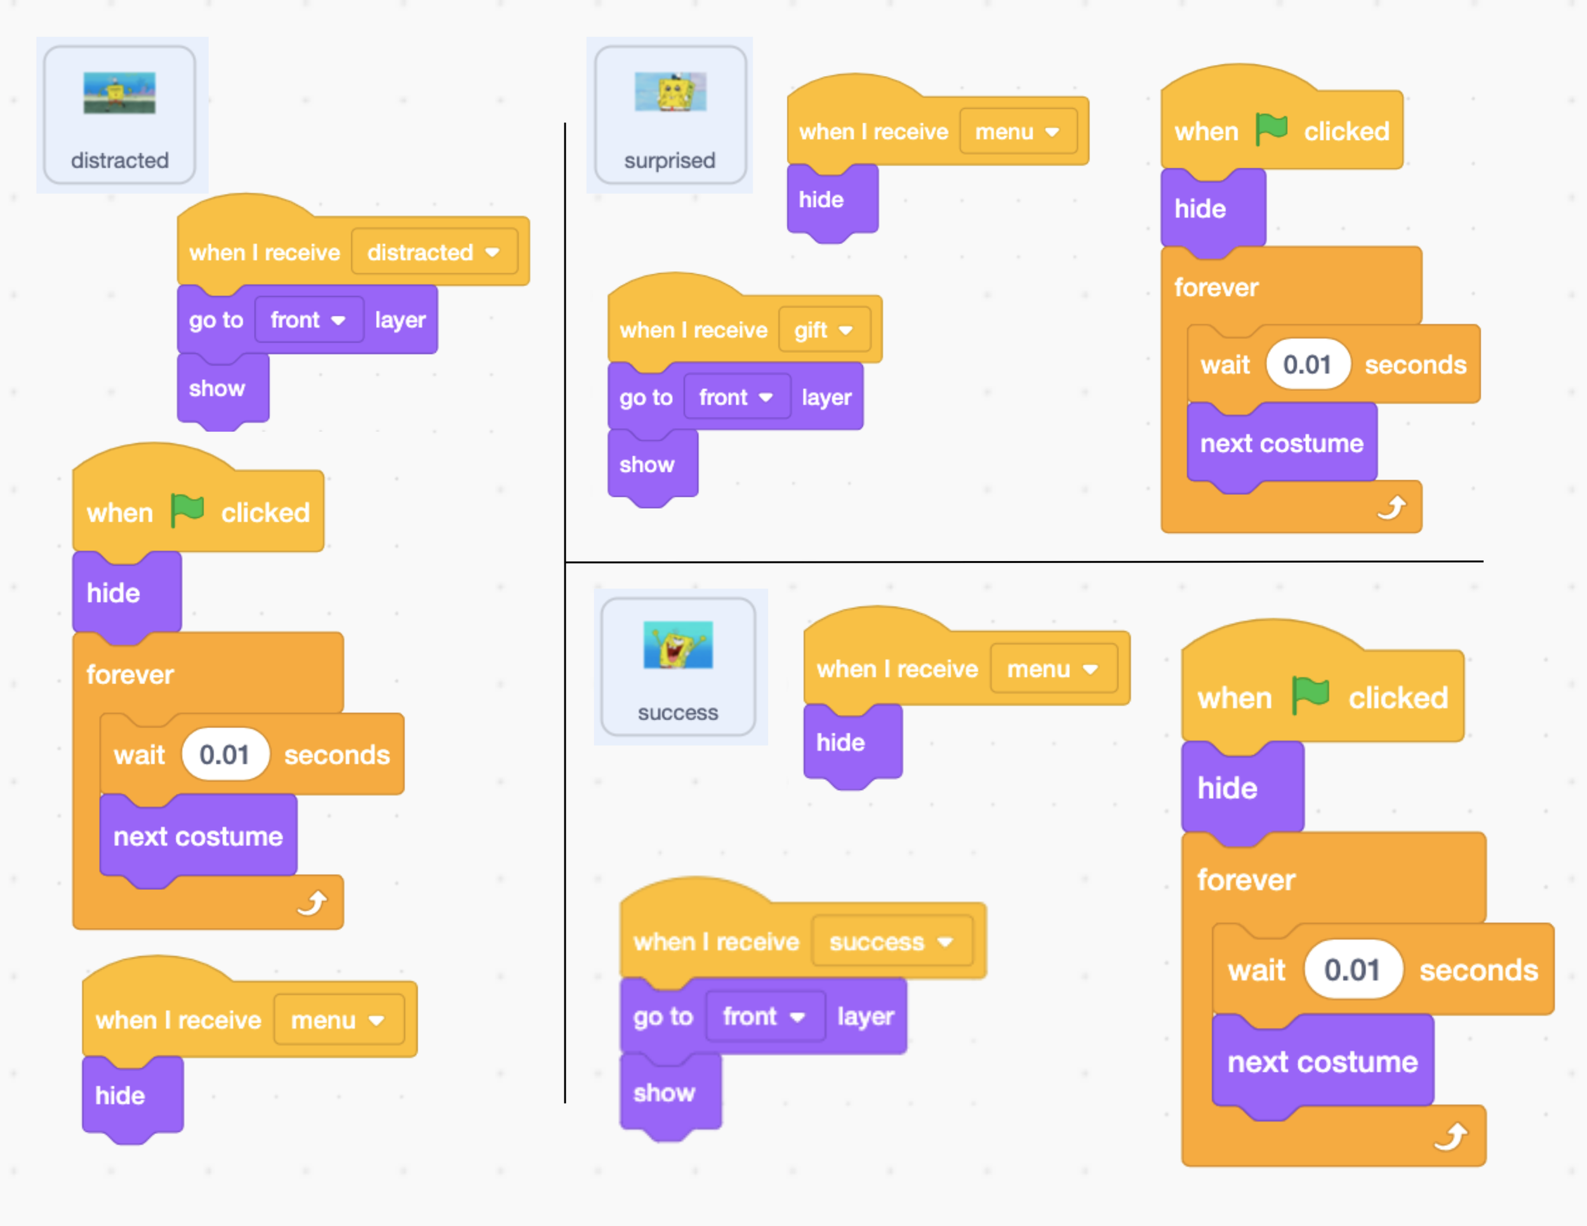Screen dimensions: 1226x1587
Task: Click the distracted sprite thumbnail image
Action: coord(119,93)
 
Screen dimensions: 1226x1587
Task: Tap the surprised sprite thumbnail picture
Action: coord(670,91)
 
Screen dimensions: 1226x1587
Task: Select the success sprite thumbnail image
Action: coord(677,644)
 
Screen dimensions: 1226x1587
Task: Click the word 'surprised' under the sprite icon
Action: coord(669,161)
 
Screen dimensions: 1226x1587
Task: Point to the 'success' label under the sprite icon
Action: coord(677,713)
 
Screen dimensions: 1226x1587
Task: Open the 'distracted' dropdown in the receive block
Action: coord(434,253)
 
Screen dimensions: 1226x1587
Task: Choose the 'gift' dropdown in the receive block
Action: coord(823,331)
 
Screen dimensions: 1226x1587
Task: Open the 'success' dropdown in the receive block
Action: coord(891,942)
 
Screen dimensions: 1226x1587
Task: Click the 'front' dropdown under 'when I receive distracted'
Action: coord(308,320)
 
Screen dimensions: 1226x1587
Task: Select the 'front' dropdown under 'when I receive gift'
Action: coord(736,397)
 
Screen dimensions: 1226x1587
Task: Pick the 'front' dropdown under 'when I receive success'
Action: coord(764,1016)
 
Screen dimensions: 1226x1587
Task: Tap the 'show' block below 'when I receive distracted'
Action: coord(216,388)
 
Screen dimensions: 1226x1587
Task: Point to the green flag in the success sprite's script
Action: coord(1310,695)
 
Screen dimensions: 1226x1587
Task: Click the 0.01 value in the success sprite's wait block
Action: coord(1351,970)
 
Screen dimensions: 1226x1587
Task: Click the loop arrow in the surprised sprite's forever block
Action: coord(1391,508)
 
